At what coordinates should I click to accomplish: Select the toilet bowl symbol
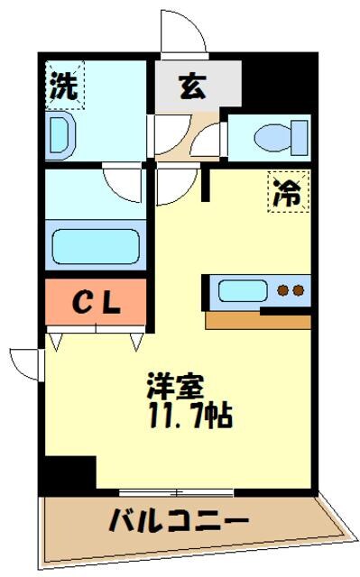tap(272, 138)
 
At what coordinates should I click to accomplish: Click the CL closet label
tap(95, 304)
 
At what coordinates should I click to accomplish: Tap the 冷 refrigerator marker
tap(287, 192)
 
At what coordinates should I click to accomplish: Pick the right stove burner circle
tap(297, 291)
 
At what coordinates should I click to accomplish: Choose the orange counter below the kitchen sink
tap(258, 320)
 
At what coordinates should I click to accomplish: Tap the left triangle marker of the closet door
tap(56, 342)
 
